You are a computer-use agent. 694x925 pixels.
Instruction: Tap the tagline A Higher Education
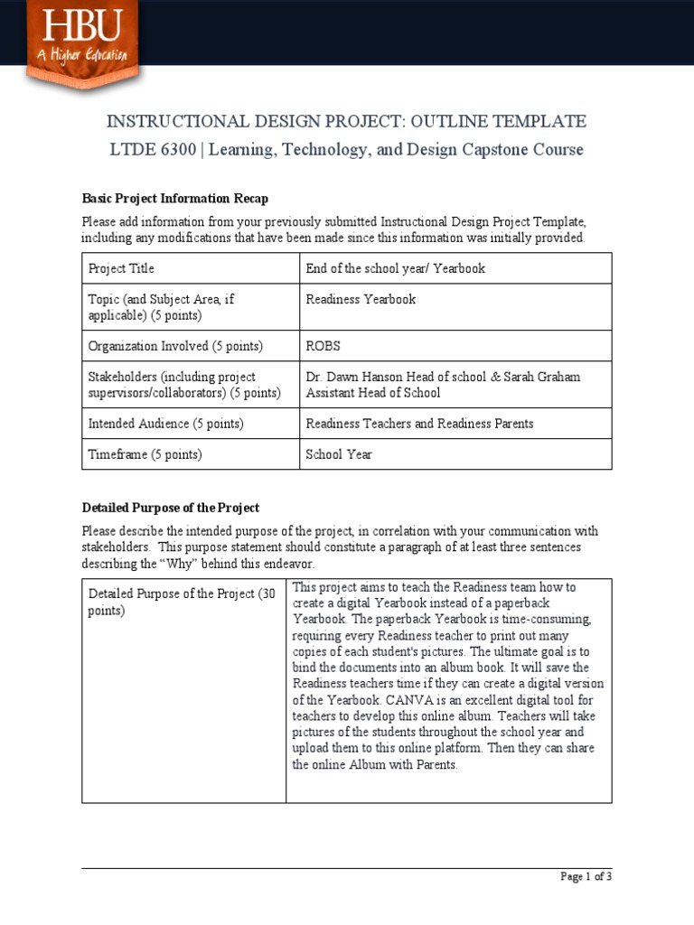pyautogui.click(x=82, y=55)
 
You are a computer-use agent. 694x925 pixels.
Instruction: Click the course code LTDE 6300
pyautogui.click(x=153, y=150)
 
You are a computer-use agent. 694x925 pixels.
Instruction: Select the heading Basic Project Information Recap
pyautogui.click(x=174, y=199)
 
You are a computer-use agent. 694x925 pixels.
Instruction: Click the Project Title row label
pyautogui.click(x=121, y=268)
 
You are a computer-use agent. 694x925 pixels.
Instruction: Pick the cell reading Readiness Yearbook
pyautogui.click(x=361, y=299)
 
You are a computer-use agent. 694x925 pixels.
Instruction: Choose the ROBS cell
pyautogui.click(x=324, y=346)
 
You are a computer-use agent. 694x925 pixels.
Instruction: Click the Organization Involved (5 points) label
pyautogui.click(x=175, y=346)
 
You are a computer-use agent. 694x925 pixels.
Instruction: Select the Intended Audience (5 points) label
pyautogui.click(x=165, y=424)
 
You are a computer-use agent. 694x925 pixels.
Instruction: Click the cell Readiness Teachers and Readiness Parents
pyautogui.click(x=419, y=424)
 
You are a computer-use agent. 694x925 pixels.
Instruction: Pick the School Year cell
pyautogui.click(x=339, y=454)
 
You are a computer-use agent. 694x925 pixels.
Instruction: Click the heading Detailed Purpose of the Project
pyautogui.click(x=171, y=508)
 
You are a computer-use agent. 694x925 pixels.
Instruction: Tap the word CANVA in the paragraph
pyautogui.click(x=412, y=700)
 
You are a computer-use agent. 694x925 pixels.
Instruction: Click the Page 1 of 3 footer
pyautogui.click(x=586, y=876)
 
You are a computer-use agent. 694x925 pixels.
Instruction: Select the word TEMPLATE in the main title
pyautogui.click(x=539, y=122)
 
